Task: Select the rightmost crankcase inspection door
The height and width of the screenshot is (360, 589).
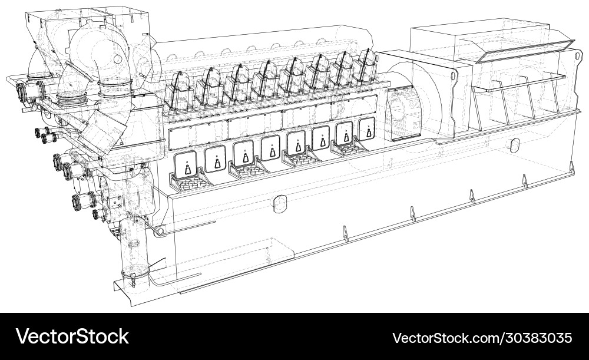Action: point(367,127)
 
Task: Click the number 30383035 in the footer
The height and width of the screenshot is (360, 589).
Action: point(537,338)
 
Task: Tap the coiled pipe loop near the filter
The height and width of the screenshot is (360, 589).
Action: point(159,232)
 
